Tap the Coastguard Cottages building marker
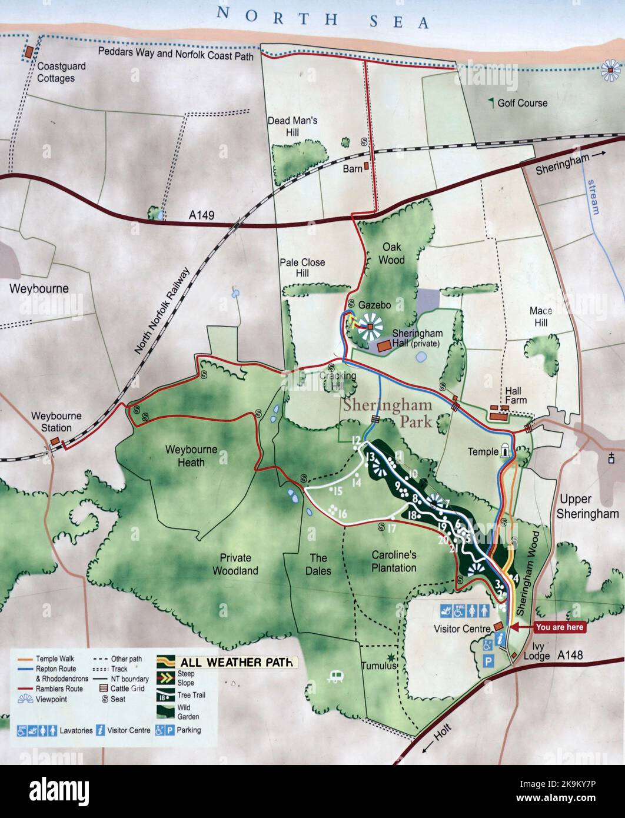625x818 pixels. pos(28,52)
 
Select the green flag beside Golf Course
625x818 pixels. pos(491,102)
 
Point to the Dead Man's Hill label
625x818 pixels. pos(292,127)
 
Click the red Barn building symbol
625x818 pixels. pos(366,167)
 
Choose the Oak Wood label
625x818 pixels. pos(391,254)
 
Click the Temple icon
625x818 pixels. pos(505,451)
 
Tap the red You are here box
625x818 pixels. pos(559,627)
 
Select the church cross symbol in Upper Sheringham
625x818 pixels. pos(612,457)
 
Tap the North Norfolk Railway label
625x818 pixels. pos(162,311)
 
